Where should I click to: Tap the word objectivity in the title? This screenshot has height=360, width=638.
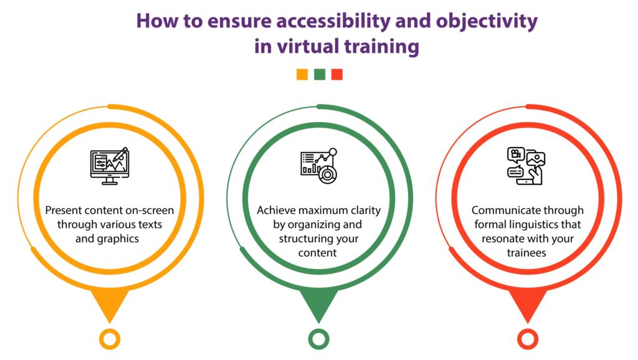(487, 22)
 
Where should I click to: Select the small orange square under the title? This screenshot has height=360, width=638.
(302, 75)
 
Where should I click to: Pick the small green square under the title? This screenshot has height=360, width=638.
(320, 75)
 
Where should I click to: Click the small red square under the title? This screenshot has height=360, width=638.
(337, 75)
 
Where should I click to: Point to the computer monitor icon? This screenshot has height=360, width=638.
(110, 166)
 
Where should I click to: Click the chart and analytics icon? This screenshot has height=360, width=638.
(319, 166)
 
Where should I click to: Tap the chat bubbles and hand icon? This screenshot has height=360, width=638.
(526, 166)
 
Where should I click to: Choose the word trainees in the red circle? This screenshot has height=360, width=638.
(526, 253)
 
